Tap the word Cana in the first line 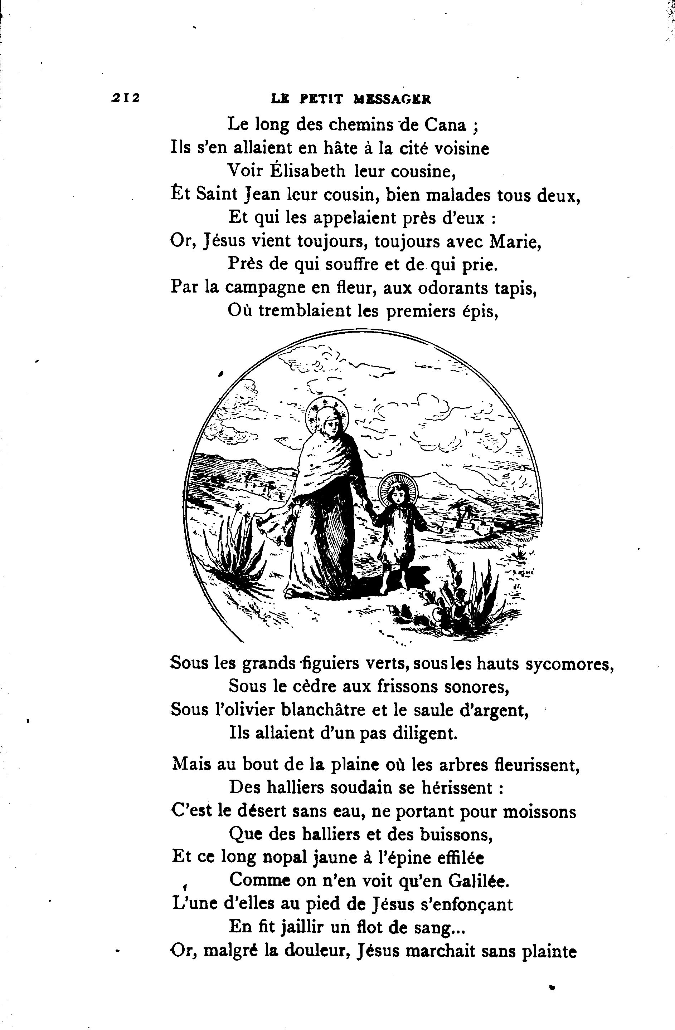(x=445, y=126)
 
